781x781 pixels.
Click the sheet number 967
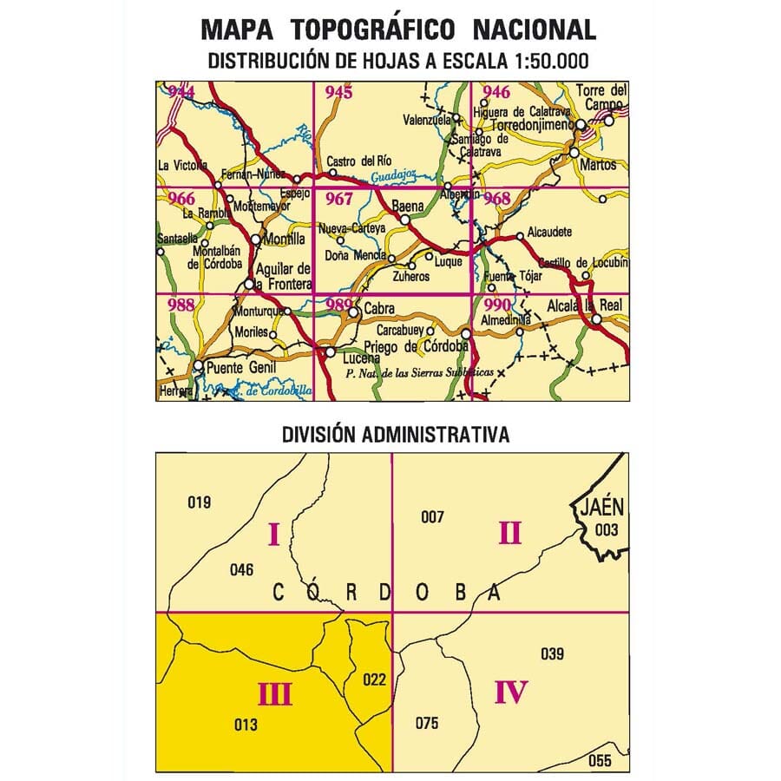tap(338, 199)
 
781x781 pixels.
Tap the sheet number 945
tap(338, 92)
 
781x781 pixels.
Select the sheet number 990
tap(498, 304)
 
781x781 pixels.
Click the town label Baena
tap(408, 207)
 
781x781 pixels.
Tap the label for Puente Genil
tap(240, 367)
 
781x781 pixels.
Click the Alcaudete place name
tap(549, 233)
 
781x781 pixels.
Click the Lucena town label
tap(361, 357)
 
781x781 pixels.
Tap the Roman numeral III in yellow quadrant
tap(273, 693)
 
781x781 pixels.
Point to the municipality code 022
tap(374, 679)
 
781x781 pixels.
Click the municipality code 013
tap(246, 725)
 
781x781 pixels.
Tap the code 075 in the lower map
tap(427, 724)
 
